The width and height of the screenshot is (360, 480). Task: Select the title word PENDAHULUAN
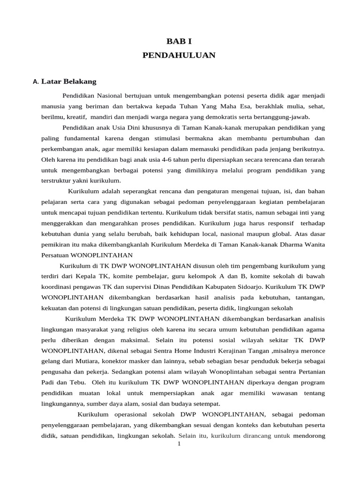pyautogui.click(x=179, y=55)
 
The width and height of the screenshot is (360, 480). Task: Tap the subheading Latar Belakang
pyautogui.click(x=69, y=82)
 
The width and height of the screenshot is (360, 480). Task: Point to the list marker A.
pyautogui.click(x=36, y=82)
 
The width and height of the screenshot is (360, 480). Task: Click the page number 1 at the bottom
pyautogui.click(x=179, y=444)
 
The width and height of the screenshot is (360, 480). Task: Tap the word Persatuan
pyautogui.click(x=55, y=255)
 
